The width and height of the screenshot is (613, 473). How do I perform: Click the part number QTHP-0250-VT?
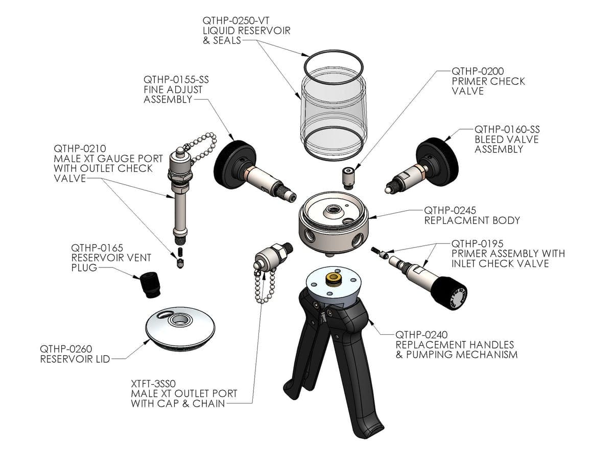point(235,21)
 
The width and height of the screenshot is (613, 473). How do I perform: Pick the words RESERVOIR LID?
point(75,359)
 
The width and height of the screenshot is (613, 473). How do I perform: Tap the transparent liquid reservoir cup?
point(333,112)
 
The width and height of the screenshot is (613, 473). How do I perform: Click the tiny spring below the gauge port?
point(179,254)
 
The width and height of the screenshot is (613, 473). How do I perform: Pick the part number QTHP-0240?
point(421,335)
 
